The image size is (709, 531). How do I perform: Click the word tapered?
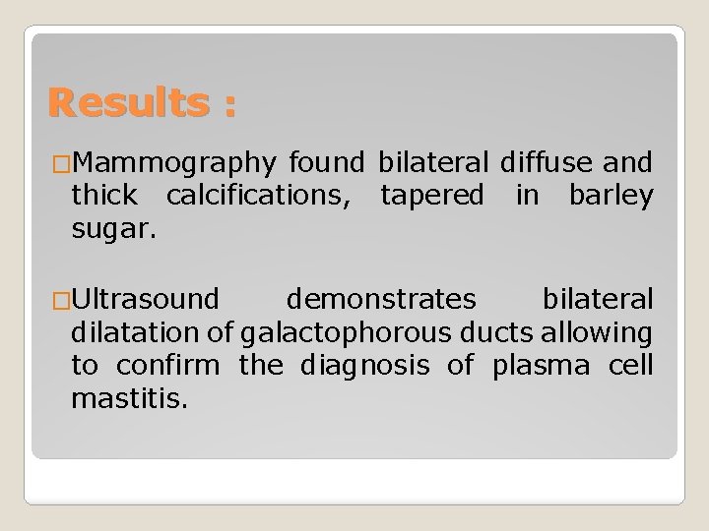click(431, 195)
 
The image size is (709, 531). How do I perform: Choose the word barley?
click(611, 195)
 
